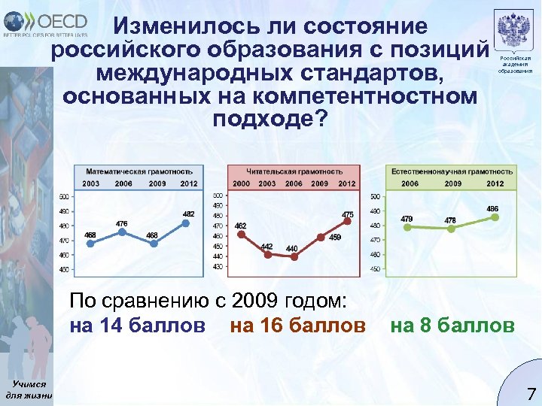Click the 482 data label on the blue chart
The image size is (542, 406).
point(188,214)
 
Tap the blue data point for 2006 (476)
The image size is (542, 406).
point(122,232)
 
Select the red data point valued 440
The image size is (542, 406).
point(294,256)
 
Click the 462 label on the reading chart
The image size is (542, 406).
point(240,225)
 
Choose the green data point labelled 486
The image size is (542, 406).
point(494,217)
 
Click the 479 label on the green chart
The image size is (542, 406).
point(406,219)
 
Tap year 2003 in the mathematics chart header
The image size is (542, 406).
point(90,183)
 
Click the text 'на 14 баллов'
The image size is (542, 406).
point(136,326)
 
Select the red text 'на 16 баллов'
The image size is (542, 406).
point(297,326)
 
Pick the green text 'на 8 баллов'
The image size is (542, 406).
point(452,326)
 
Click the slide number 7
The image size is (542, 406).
point(531,392)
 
